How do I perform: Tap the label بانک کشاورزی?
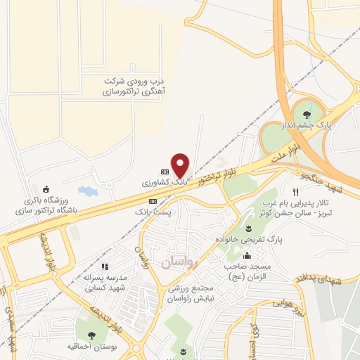pyautogui.click(x=166, y=182)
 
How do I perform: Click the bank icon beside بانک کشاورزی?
pyautogui.click(x=165, y=171)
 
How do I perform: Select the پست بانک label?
pyautogui.click(x=152, y=210)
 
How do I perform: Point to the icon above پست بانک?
pyautogui.click(x=153, y=200)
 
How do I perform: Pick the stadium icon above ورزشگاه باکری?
pyautogui.click(x=46, y=188)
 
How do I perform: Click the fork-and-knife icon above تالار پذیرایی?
pyautogui.click(x=296, y=192)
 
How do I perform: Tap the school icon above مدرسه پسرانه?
pyautogui.click(x=105, y=266)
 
